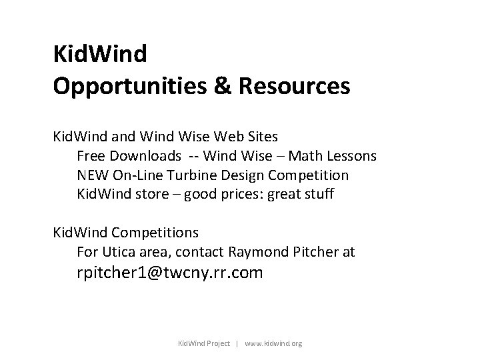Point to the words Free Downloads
point(129,157)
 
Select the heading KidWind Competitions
point(126,233)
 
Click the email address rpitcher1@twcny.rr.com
point(169,273)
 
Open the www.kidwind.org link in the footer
point(274,344)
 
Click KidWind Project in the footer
point(203,344)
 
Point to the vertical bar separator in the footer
point(238,344)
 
